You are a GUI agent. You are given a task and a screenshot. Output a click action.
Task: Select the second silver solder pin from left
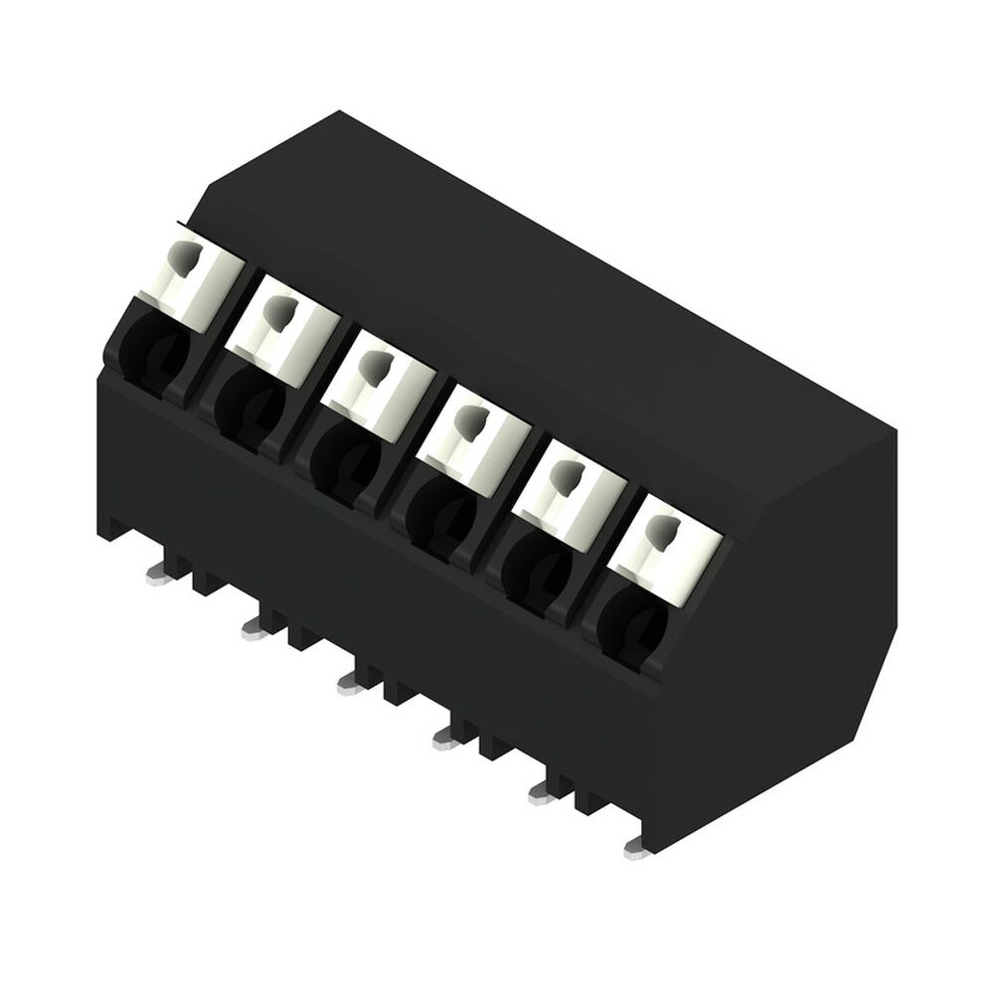click(253, 624)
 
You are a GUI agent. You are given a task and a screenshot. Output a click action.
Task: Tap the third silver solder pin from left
click(349, 681)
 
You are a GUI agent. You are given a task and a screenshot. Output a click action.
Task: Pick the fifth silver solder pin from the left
click(542, 791)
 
